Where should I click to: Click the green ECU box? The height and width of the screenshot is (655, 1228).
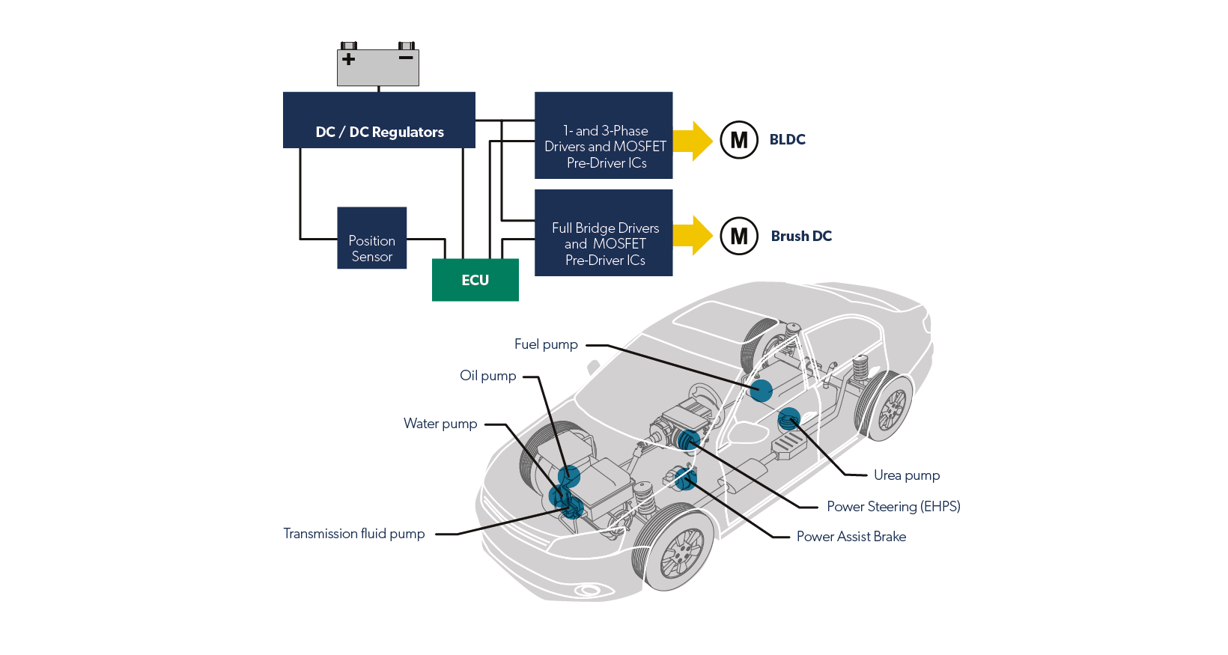click(475, 280)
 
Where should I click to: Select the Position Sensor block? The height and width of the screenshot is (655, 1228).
click(371, 238)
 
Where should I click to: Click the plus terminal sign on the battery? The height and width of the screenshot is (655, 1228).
click(348, 58)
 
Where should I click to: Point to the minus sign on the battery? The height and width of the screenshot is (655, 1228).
click(406, 58)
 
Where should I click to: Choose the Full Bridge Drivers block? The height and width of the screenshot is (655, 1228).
click(604, 233)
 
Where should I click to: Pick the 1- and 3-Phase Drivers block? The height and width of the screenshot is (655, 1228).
click(604, 135)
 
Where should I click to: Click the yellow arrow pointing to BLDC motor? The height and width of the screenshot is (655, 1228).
click(693, 141)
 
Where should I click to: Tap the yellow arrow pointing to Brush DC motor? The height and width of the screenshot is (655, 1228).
click(693, 235)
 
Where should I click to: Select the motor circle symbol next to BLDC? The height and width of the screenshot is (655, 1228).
click(738, 140)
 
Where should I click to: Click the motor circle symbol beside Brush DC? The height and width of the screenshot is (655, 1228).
click(738, 236)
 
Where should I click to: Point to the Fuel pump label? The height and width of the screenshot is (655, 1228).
click(546, 344)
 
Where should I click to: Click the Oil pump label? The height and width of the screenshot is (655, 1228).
click(487, 376)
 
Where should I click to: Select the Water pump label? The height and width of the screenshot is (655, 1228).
click(440, 424)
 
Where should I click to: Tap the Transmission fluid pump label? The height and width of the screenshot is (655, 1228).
click(353, 534)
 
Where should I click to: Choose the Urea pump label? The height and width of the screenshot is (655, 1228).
click(906, 475)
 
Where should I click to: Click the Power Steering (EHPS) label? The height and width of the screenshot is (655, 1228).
click(893, 507)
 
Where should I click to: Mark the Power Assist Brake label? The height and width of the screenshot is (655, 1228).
click(851, 537)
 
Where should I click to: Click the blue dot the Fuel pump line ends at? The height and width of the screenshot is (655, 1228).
click(761, 391)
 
